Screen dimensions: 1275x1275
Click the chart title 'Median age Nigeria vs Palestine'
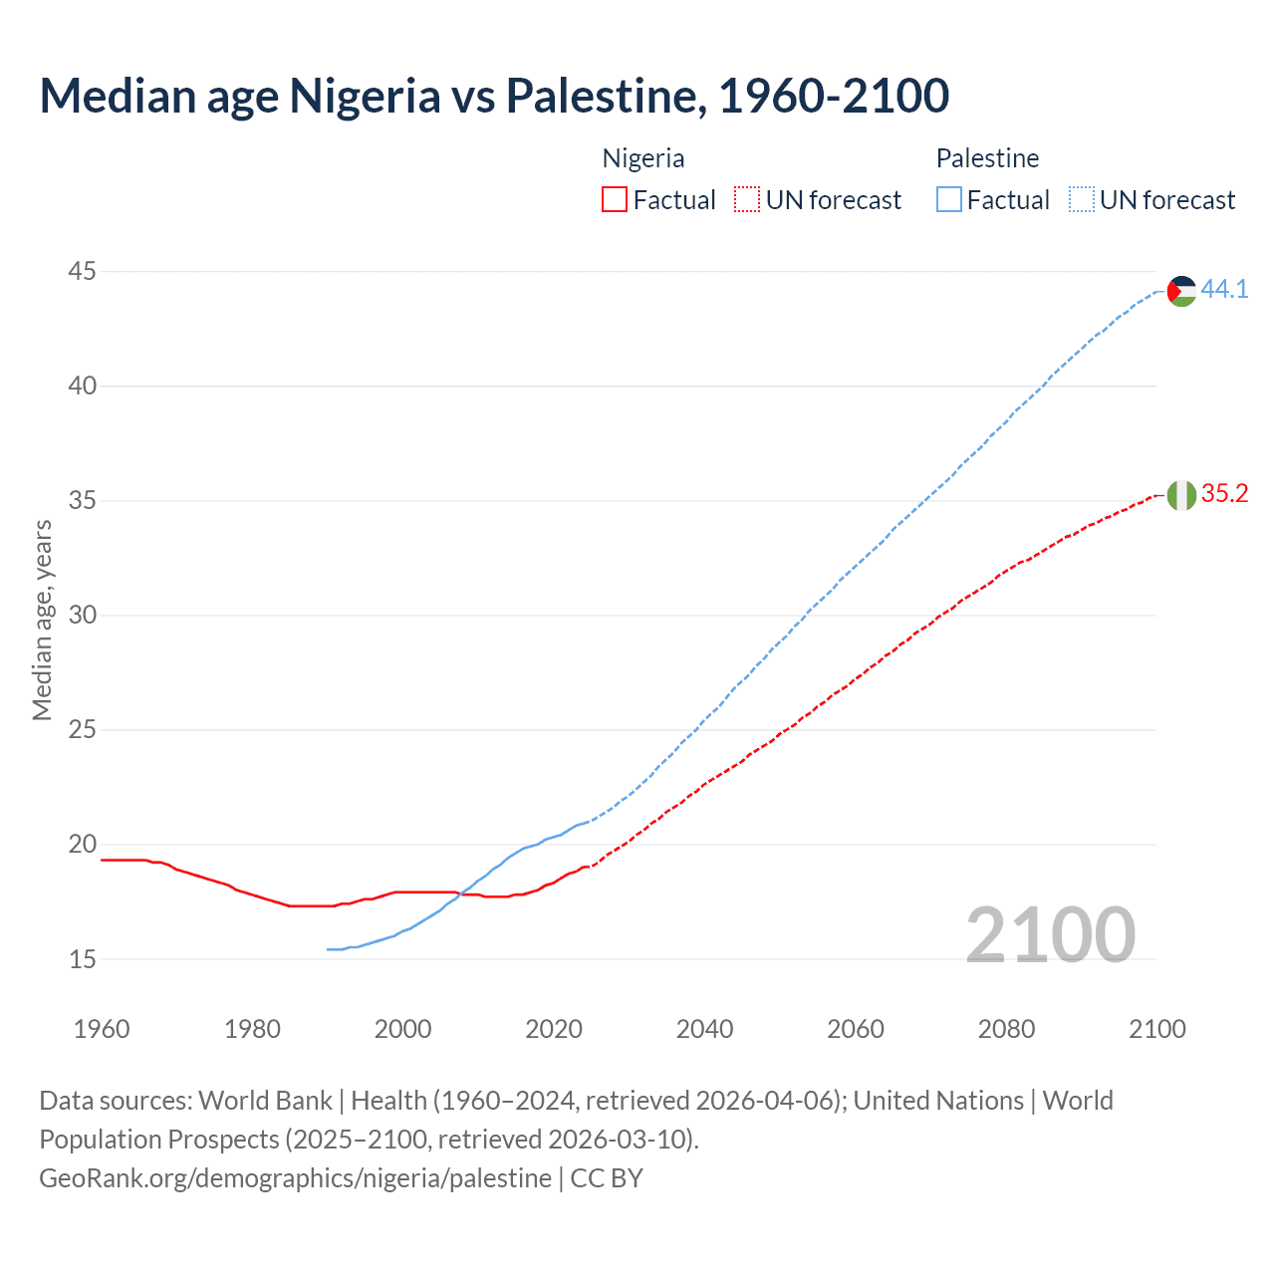[494, 96]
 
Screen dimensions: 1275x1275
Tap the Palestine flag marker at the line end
[1181, 291]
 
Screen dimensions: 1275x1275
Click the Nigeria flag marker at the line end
[1181, 495]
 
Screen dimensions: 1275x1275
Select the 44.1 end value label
[1224, 289]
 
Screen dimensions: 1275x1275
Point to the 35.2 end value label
[1224, 493]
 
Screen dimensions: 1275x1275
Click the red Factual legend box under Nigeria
[615, 200]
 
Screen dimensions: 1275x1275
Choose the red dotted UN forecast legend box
[747, 200]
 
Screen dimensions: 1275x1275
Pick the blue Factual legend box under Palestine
[949, 200]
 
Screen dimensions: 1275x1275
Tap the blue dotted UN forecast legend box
[1081, 200]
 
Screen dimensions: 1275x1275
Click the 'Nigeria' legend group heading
[643, 158]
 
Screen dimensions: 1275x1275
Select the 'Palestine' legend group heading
[987, 158]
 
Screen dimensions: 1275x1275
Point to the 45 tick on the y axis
[83, 271]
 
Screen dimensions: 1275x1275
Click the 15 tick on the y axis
[83, 959]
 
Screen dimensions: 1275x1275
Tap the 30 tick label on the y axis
[83, 615]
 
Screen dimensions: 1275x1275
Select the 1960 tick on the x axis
[102, 1029]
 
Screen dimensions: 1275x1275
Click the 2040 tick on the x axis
[704, 1029]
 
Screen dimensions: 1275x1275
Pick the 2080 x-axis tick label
[1006, 1029]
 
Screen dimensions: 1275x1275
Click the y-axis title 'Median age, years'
[42, 620]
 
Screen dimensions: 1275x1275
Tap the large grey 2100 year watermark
[1050, 934]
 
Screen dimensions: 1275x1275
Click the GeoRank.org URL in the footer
[295, 1178]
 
